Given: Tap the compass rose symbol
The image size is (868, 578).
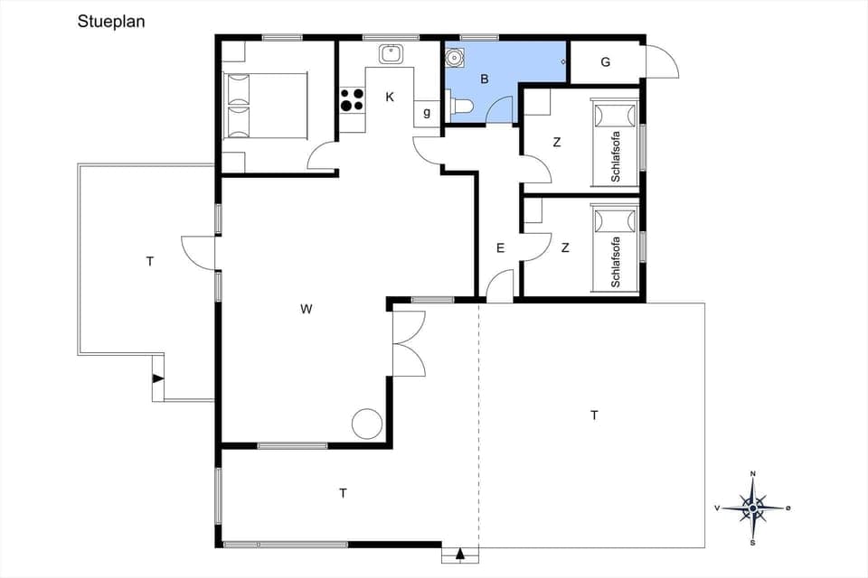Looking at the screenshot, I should click(x=752, y=508).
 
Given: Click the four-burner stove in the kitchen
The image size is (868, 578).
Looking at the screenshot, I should click(x=352, y=98).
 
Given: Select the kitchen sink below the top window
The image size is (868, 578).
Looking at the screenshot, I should click(x=391, y=53).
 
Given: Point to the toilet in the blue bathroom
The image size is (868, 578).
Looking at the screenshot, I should click(x=462, y=107).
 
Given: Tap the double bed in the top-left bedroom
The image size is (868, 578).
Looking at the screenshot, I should click(x=265, y=105).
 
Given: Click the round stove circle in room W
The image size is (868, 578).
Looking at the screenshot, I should click(x=366, y=423).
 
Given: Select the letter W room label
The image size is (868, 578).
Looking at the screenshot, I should click(x=307, y=310).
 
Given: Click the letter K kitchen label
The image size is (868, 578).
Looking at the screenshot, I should click(x=390, y=97).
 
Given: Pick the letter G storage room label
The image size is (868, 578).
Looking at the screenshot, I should click(x=605, y=62).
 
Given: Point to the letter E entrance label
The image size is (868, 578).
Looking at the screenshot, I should click(x=500, y=247).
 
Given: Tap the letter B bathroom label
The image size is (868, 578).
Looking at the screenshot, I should click(x=485, y=79).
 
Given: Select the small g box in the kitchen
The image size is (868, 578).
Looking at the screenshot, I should click(x=427, y=113).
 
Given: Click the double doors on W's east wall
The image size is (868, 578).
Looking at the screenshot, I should click(x=409, y=343).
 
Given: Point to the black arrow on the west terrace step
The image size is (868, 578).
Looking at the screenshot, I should click(x=157, y=378).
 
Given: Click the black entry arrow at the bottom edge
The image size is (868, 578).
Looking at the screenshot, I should click(x=460, y=554).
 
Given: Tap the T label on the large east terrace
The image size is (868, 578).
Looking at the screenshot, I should click(x=594, y=415).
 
